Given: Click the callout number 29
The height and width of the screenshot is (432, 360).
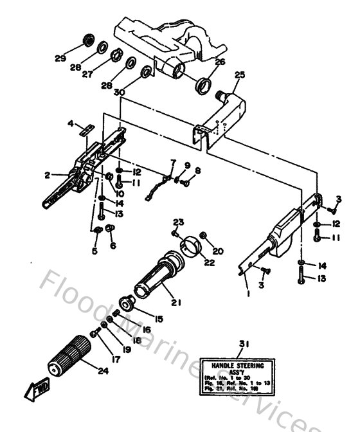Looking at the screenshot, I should [x=60, y=59].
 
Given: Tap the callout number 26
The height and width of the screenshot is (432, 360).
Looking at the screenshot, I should [x=220, y=62].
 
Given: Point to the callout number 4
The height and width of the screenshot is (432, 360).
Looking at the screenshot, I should [x=71, y=123].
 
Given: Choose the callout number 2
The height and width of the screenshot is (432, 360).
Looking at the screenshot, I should [x=48, y=174].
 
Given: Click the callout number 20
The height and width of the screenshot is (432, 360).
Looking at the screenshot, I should [x=217, y=252].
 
